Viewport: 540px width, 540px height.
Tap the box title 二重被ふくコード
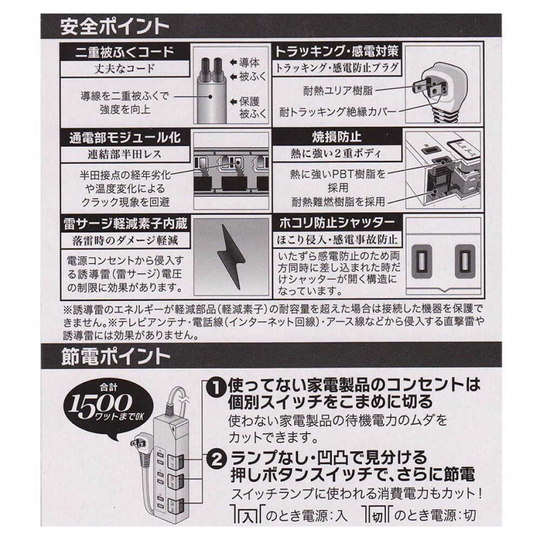[124, 52]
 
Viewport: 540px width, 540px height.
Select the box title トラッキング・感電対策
[336, 52]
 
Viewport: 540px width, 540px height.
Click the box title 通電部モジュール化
[124, 137]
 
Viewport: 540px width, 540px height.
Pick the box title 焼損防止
[336, 137]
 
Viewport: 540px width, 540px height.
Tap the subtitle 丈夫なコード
[124, 68]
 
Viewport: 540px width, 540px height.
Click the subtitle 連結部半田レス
[124, 153]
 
